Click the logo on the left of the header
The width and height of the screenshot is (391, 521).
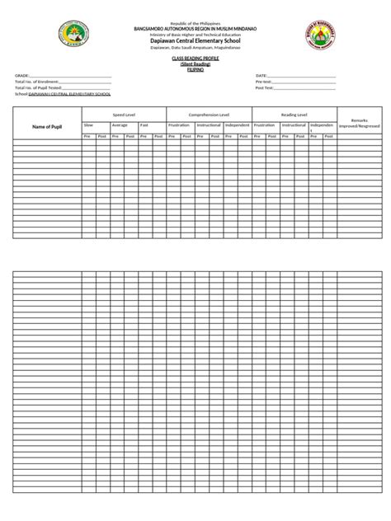pyautogui.click(x=72, y=36)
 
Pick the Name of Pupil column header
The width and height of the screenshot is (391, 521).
pyautogui.click(x=47, y=126)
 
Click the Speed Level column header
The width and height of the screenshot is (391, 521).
pyautogui.click(x=123, y=115)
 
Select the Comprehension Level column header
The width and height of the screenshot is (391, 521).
pyautogui.click(x=209, y=115)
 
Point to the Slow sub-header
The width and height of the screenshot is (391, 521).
pyautogui.click(x=88, y=124)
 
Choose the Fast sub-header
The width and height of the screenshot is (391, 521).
pyautogui.click(x=144, y=124)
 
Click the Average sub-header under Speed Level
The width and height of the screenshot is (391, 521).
pyautogui.click(x=120, y=124)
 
